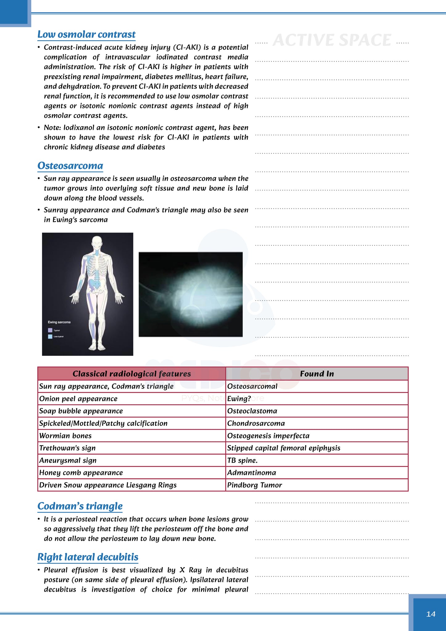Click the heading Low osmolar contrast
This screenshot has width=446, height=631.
[x=86, y=34]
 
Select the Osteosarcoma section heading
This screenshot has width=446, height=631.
[x=70, y=166]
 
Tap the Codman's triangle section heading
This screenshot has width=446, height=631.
[x=80, y=506]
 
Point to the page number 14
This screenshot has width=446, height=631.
[x=431, y=614]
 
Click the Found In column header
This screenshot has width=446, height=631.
[x=317, y=374]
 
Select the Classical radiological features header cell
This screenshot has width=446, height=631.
[x=131, y=374]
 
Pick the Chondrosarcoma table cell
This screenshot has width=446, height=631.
[x=256, y=423]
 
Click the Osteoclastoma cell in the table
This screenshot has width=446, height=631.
[x=252, y=411]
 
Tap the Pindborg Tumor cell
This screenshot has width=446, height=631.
[x=255, y=485]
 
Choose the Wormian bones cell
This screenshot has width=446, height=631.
[x=65, y=435]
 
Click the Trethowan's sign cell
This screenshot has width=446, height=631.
[x=67, y=448]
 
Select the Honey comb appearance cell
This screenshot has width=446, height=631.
[x=81, y=473]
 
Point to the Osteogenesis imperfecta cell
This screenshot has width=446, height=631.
[x=268, y=435]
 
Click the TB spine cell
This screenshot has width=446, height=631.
[x=242, y=460]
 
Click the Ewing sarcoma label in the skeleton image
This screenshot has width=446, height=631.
[x=59, y=322]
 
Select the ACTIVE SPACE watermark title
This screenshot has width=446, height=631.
[x=332, y=40]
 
